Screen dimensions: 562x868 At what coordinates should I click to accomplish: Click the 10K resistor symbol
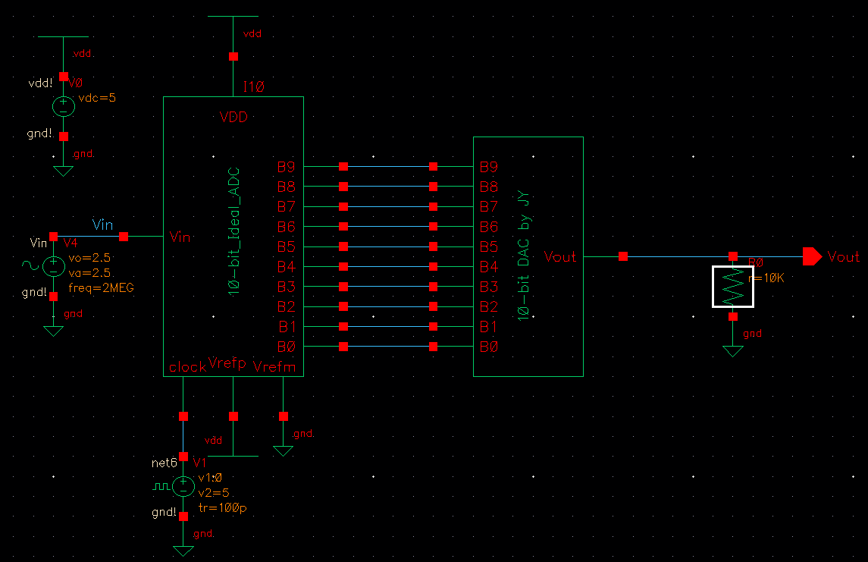732,287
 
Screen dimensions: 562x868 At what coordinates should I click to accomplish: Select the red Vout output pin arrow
812,257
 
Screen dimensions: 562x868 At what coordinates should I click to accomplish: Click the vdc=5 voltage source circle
64,106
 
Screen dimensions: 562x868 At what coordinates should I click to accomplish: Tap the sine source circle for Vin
54,266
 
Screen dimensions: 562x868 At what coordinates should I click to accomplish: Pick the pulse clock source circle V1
183,485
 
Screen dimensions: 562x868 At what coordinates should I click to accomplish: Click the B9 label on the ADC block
287,167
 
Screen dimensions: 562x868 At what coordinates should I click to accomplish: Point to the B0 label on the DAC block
489,347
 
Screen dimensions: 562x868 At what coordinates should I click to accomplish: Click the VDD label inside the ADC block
233,118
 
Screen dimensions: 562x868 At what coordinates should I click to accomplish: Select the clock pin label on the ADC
187,367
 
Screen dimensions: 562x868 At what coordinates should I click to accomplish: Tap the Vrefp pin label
227,363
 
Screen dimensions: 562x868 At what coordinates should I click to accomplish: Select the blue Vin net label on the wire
102,224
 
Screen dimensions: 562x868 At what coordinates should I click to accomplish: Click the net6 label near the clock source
165,462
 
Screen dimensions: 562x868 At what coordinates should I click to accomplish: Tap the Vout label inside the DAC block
560,257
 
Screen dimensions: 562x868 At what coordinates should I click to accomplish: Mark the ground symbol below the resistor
732,350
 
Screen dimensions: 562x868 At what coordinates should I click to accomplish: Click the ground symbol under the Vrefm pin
284,451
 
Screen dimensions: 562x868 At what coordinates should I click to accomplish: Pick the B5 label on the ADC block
287,246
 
